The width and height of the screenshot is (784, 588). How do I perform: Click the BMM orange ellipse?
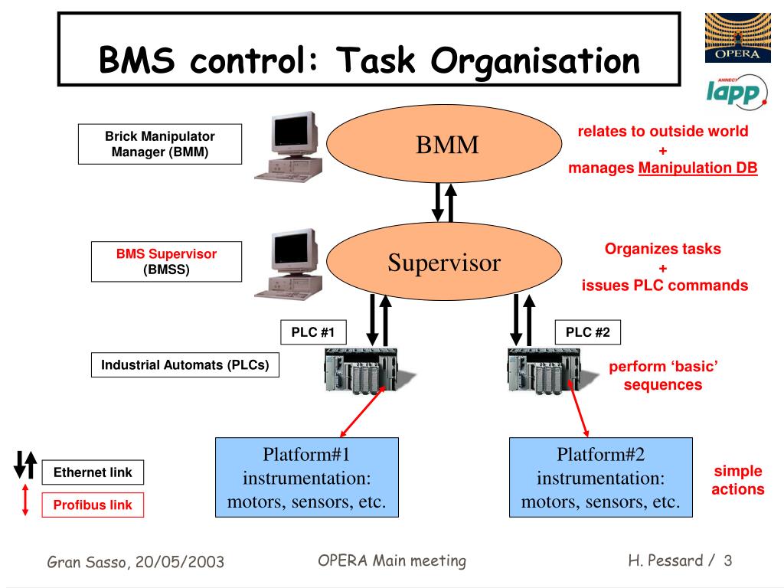click(444, 143)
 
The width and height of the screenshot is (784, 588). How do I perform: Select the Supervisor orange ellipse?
click(444, 262)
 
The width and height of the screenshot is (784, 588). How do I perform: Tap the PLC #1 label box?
click(313, 332)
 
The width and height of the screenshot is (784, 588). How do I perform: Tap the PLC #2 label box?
click(587, 332)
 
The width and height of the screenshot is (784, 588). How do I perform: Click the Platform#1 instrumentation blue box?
click(307, 477)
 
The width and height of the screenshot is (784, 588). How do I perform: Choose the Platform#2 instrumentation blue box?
click(600, 477)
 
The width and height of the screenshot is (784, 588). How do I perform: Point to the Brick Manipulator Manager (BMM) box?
click(160, 144)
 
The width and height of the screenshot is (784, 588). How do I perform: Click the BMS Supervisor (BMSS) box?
click(166, 262)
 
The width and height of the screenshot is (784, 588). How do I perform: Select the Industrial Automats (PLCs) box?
click(185, 364)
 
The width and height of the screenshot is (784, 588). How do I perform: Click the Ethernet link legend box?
click(93, 472)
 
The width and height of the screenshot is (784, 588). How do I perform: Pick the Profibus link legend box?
click(93, 505)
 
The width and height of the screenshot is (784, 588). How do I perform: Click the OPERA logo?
click(737, 38)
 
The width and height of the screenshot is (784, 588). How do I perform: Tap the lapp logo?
click(736, 91)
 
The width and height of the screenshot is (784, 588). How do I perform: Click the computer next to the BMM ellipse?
click(289, 146)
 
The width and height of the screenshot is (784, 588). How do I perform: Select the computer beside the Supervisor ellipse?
click(289, 264)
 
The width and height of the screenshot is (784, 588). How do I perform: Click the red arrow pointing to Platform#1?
click(362, 411)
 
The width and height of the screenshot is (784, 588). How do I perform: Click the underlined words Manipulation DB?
click(698, 168)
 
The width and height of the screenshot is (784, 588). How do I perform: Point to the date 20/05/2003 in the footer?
click(179, 561)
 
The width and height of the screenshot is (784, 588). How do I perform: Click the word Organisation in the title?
click(535, 61)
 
